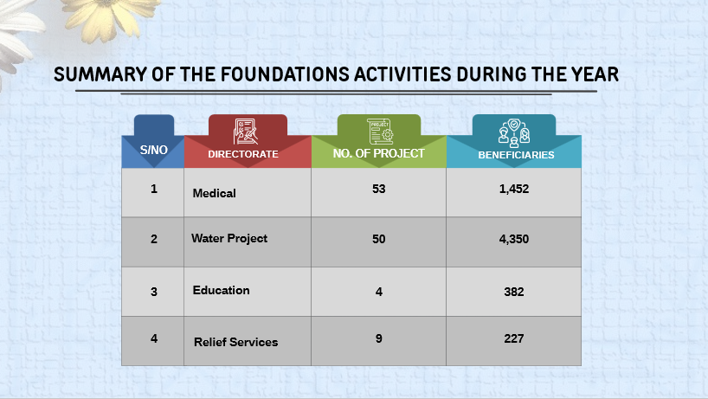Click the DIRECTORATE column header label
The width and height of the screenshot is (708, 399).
[243, 154]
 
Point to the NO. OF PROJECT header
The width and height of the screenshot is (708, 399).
[379, 153]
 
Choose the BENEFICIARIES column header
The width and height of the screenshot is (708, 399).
[516, 154]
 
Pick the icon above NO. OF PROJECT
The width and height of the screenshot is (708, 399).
[379, 130]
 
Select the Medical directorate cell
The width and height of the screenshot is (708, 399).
[215, 193]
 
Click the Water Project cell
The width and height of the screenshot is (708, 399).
[229, 238]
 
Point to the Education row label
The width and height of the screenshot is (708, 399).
[222, 290]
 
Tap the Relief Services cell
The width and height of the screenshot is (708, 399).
[236, 342]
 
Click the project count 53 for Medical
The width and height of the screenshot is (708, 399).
[379, 189]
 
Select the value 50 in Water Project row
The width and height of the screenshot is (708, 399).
[379, 239]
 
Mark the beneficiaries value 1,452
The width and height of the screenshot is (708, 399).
[514, 189]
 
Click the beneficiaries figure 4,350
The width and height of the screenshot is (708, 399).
[514, 239]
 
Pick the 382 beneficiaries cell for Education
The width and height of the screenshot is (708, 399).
[514, 292]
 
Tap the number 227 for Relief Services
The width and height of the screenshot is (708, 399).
[514, 338]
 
